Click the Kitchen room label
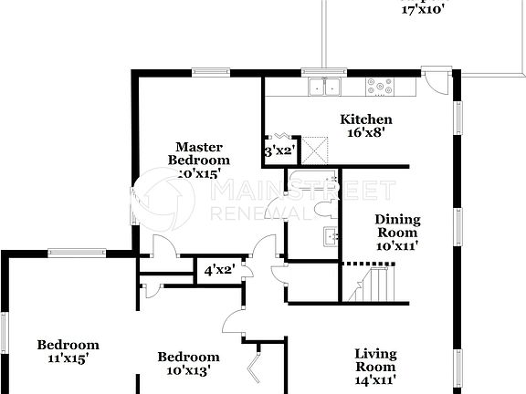[x=366, y=119]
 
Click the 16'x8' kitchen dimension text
[x=366, y=132]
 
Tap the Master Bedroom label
[x=198, y=153]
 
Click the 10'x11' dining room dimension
[x=398, y=244]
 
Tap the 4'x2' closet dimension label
[x=218, y=270]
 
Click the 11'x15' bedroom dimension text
[x=68, y=358]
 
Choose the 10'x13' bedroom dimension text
[x=188, y=370]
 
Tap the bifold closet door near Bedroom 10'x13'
[x=255, y=367]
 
